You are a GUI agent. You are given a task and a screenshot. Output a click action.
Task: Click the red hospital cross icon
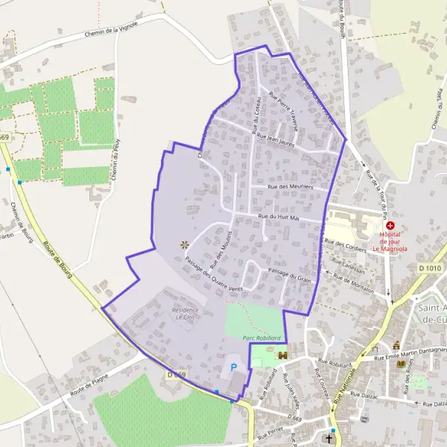pos(390,225)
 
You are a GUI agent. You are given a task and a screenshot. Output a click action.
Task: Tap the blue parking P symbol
pos(234,367)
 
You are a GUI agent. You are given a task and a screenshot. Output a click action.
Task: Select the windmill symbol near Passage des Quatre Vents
pos(184,244)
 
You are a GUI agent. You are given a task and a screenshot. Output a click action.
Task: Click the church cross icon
pos(330,440)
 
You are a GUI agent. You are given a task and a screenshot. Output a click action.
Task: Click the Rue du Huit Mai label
pos(278,217)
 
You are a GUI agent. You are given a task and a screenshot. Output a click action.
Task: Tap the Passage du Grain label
pos(289,275)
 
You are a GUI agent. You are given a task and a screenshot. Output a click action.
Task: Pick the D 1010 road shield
pos(430,267)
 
